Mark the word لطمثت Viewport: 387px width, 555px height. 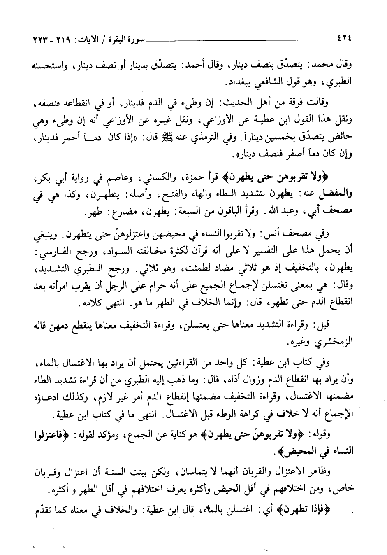tap(201, 265)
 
